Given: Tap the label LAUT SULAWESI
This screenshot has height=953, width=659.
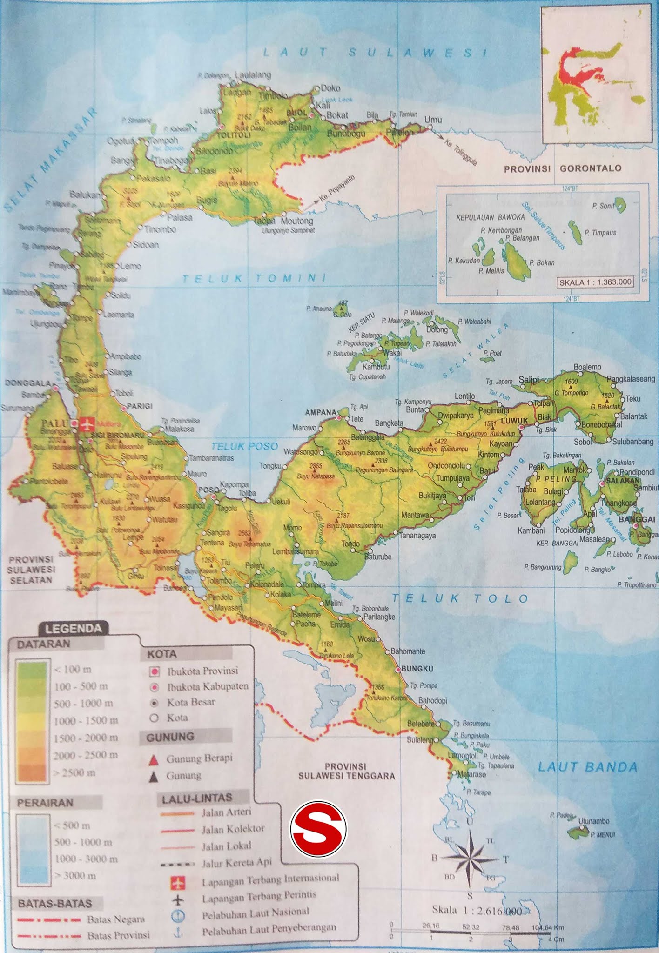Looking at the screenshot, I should click(x=375, y=52).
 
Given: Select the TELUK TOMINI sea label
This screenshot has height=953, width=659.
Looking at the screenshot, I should click(x=254, y=278).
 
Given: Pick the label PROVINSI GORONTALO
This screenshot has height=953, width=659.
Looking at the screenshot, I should click(x=563, y=168).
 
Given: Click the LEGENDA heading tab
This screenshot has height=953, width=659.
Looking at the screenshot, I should click(x=73, y=629).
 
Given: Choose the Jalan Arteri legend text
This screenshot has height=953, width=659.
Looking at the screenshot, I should click(x=226, y=812).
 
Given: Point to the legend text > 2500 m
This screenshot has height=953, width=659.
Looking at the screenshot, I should click(x=75, y=773).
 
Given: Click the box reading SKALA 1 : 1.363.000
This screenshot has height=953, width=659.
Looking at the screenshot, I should click(x=595, y=282).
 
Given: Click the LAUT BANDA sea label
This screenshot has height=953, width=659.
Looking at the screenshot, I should click(x=587, y=767).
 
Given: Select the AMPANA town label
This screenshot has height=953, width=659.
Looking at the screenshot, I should click(x=321, y=412).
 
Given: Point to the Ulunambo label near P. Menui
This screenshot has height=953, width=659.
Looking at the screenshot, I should click(x=593, y=821).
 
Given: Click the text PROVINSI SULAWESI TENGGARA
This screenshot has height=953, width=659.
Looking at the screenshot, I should click(x=346, y=771).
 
